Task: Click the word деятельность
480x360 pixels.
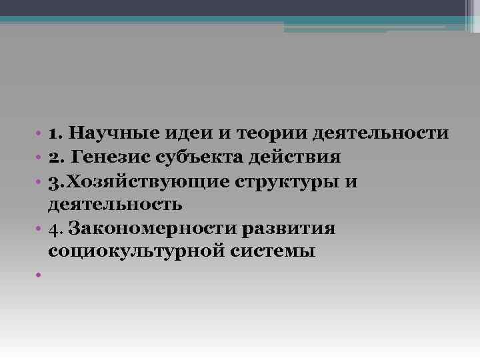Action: (115, 205)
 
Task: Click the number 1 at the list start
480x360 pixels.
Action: (53, 133)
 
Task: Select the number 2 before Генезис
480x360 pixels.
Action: (53, 157)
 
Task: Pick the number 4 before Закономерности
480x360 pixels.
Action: (53, 229)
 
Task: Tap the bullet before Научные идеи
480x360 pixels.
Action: (40, 134)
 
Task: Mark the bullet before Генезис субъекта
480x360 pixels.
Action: (40, 158)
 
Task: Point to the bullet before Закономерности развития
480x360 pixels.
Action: (40, 229)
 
